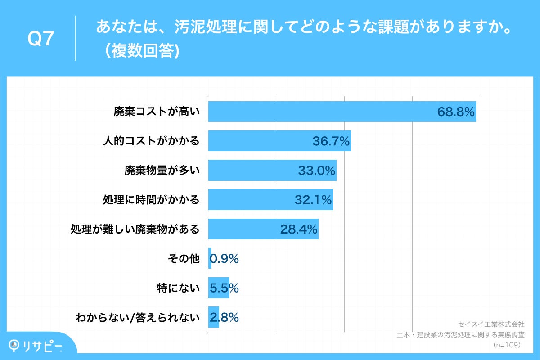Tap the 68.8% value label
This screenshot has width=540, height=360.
(x=456, y=112)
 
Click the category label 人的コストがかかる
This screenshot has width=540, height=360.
(x=151, y=141)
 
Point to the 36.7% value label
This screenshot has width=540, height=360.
(x=331, y=141)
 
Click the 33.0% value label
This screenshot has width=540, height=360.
(x=317, y=171)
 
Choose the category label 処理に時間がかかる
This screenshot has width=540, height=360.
(x=151, y=200)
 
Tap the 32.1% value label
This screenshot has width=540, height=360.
(x=313, y=200)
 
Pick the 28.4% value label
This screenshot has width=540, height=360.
(x=299, y=229)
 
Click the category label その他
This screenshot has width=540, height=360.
(x=183, y=258)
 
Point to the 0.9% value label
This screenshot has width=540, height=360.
(x=224, y=259)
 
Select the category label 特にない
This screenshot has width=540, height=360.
(x=178, y=288)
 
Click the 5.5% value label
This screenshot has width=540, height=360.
(x=224, y=288)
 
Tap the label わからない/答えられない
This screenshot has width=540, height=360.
(x=137, y=317)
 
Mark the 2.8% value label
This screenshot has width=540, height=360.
(x=224, y=317)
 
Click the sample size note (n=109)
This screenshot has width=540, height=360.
(x=507, y=345)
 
